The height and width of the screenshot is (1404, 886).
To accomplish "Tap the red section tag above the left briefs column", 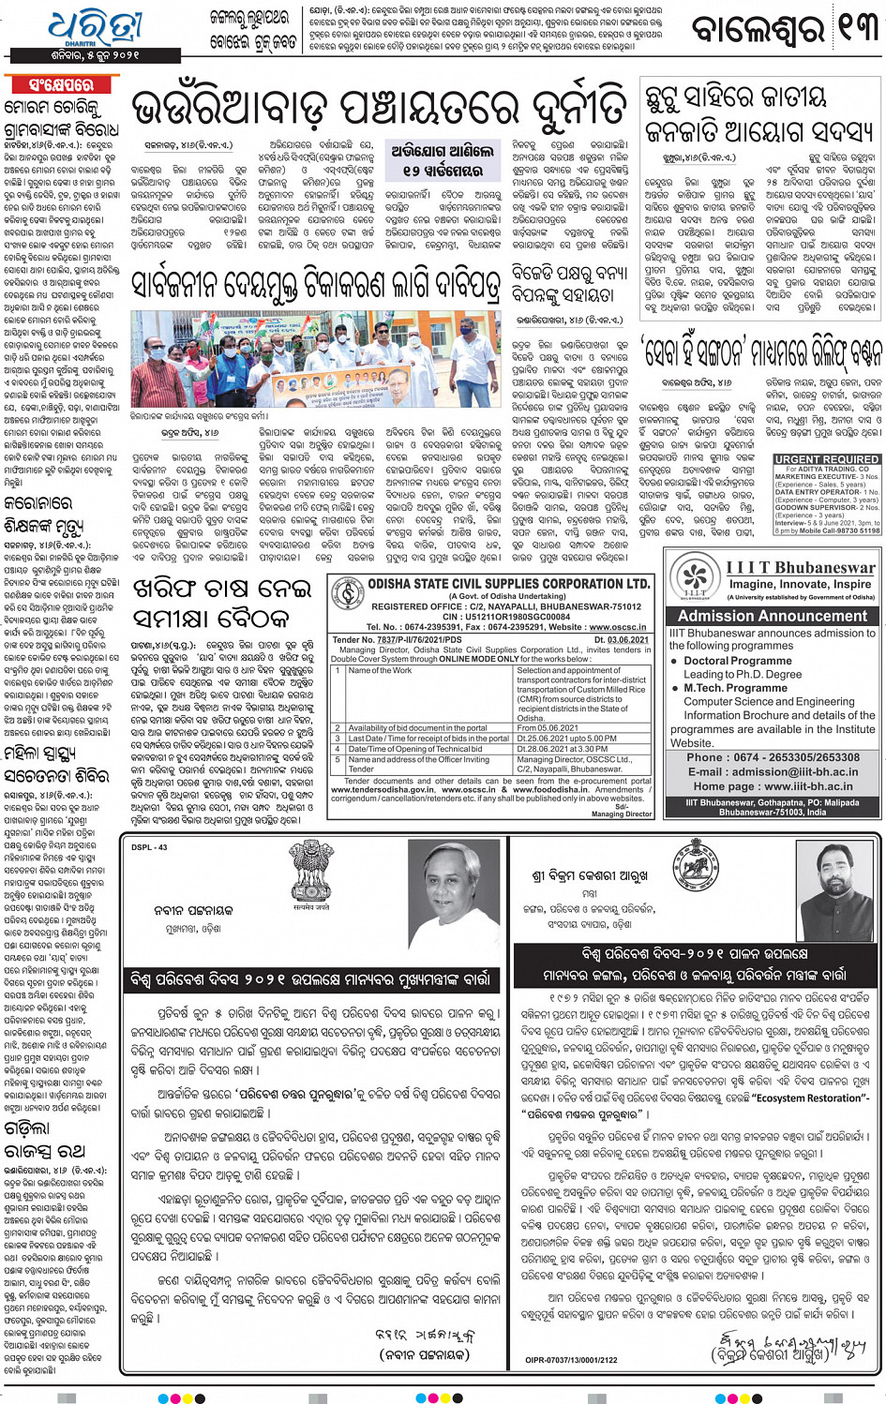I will coord(62,85).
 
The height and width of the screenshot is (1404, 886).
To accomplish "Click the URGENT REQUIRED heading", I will coord(826,459).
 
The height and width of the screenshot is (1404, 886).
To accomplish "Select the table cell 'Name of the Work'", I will coord(380,671).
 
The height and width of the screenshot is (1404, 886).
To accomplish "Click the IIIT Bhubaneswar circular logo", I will coord(695,577).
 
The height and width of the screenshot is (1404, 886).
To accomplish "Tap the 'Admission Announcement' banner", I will coord(773,616).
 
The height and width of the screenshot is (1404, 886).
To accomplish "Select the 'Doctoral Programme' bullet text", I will coord(737,661).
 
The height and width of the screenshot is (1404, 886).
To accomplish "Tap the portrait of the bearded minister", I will coord(836,890).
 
